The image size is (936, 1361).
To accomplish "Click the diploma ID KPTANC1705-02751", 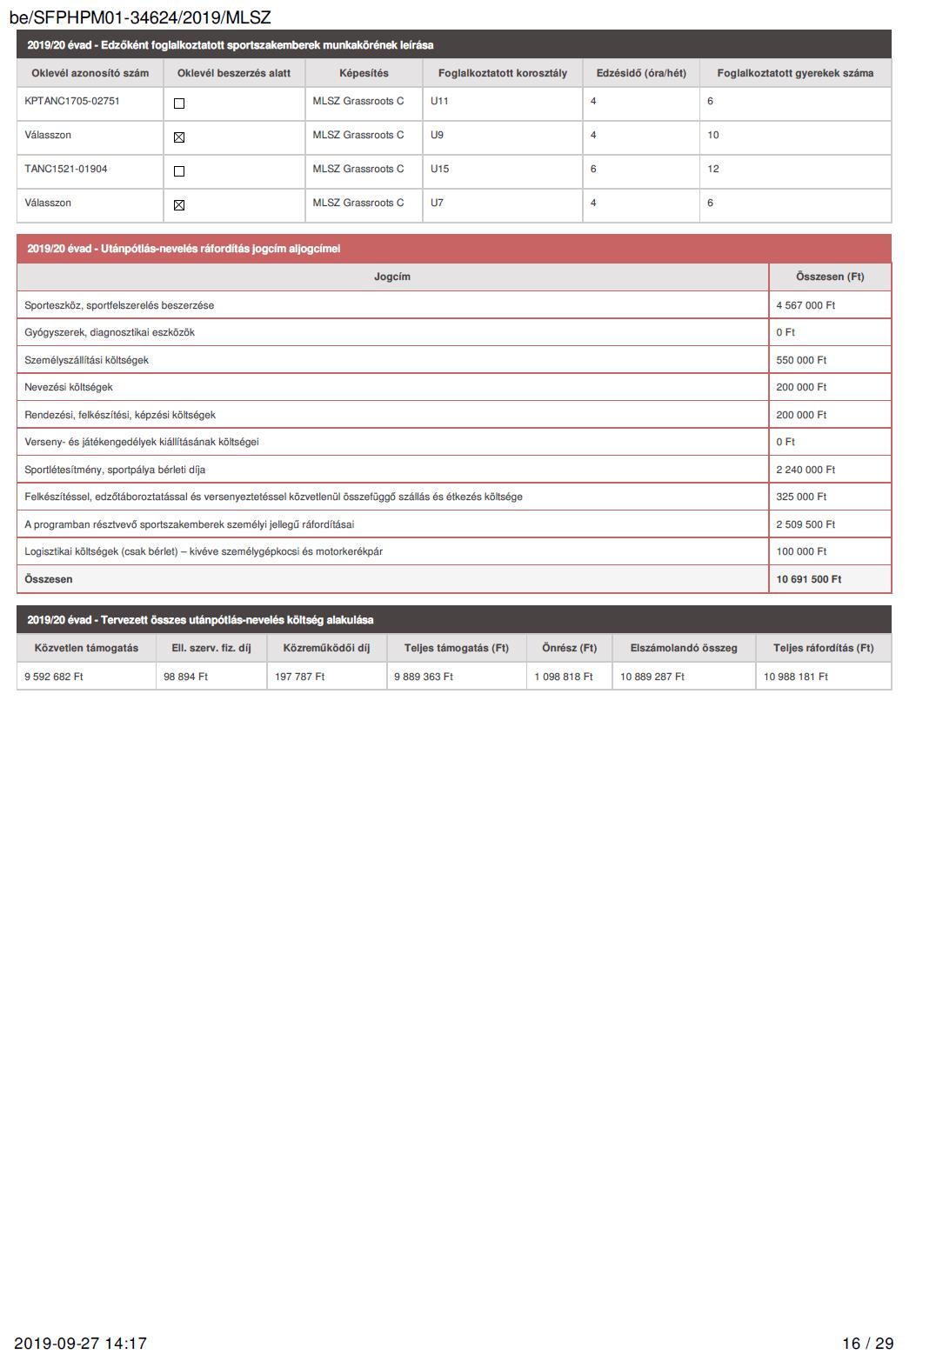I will click(x=72, y=101).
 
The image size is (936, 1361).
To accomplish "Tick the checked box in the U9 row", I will click(x=179, y=137).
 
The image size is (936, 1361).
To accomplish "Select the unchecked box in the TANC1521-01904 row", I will click(x=179, y=171).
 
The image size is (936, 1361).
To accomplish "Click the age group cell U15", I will click(x=439, y=169).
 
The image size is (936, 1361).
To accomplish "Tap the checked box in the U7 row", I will click(x=179, y=205).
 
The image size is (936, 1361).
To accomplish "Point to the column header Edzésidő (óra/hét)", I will click(x=641, y=73).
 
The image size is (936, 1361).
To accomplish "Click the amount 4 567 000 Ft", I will click(x=806, y=305).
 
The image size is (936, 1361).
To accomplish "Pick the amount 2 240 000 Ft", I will click(x=806, y=470).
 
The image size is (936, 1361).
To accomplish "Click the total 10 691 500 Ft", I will click(x=809, y=579).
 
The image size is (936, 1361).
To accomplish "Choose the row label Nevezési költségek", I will click(x=69, y=387).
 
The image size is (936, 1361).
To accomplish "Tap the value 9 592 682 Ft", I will click(x=54, y=677).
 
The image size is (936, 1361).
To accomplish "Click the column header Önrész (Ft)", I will click(x=569, y=648).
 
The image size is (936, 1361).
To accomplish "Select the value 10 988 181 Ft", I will click(x=796, y=677).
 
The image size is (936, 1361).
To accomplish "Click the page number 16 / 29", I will click(x=867, y=1344).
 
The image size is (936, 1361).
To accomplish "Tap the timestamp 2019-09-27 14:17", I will click(x=80, y=1344).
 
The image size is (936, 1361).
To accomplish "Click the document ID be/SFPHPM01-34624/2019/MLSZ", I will click(x=140, y=17).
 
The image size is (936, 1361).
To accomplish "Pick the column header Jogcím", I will click(x=392, y=277).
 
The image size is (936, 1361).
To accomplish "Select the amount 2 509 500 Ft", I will click(x=806, y=524).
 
